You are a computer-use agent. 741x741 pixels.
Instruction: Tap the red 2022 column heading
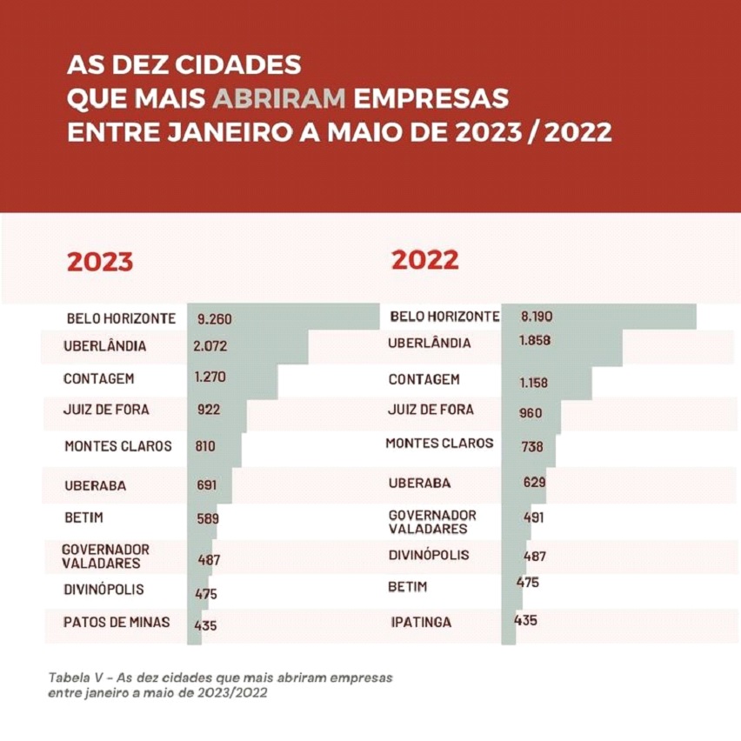[x=424, y=259]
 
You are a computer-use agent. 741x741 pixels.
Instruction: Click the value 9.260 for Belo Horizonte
[x=215, y=319]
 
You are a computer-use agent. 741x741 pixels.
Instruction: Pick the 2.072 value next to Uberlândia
[x=211, y=345]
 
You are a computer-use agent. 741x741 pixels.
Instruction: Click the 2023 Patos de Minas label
[x=117, y=623]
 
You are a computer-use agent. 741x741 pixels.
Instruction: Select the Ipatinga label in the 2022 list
[x=422, y=623]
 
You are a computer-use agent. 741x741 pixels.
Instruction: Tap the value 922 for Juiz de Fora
[x=209, y=410]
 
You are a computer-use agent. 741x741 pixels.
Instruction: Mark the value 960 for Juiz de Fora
[x=531, y=413]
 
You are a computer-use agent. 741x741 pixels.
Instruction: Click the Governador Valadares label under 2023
[x=105, y=556]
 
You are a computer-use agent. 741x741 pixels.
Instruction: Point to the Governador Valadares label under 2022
[x=432, y=522]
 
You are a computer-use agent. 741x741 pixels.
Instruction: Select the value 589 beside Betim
[x=208, y=519]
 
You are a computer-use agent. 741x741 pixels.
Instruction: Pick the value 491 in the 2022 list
[x=533, y=517]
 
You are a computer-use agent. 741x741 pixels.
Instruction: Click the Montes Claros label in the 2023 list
[x=118, y=446]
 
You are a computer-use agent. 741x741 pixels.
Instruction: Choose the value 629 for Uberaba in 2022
[x=534, y=481]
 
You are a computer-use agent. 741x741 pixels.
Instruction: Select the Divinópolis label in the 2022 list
[x=429, y=555]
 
